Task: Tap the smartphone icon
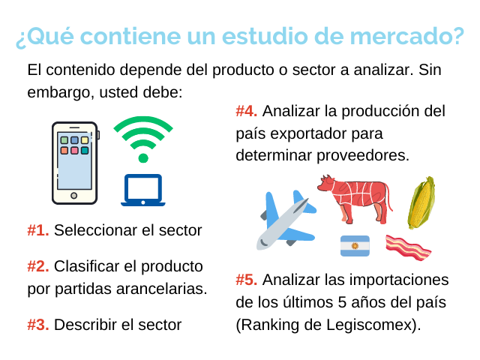(75, 163)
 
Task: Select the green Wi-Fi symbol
(143, 139)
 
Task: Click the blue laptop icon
(143, 190)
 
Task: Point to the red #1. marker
(38, 230)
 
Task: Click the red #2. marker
(38, 266)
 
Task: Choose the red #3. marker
(38, 325)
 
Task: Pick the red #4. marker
(247, 111)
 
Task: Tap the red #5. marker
(247, 280)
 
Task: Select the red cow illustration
(355, 199)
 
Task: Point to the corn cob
(421, 202)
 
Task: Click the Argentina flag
(355, 246)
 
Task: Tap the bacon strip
(408, 247)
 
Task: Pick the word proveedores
(363, 155)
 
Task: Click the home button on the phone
(73, 196)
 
